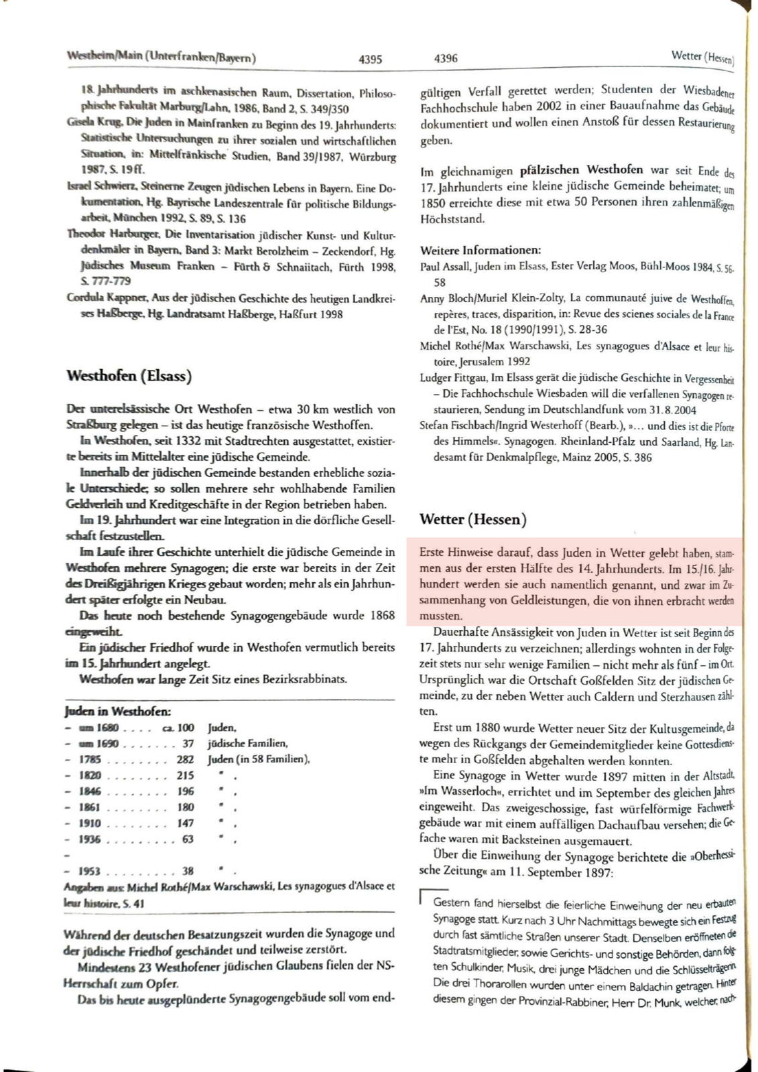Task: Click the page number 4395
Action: pyautogui.click(x=370, y=59)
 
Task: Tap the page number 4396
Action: pyautogui.click(x=446, y=58)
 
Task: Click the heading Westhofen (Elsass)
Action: pyautogui.click(x=129, y=376)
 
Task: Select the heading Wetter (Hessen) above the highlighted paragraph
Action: pyautogui.click(x=472, y=519)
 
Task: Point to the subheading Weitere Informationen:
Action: pyautogui.click(x=481, y=251)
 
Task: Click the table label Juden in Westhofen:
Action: pyautogui.click(x=117, y=712)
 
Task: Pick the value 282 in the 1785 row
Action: pyautogui.click(x=185, y=760)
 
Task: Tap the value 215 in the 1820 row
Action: pyautogui.click(x=185, y=775)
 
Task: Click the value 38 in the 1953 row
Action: pyautogui.click(x=188, y=871)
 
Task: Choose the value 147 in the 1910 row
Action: pyautogui.click(x=185, y=823)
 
